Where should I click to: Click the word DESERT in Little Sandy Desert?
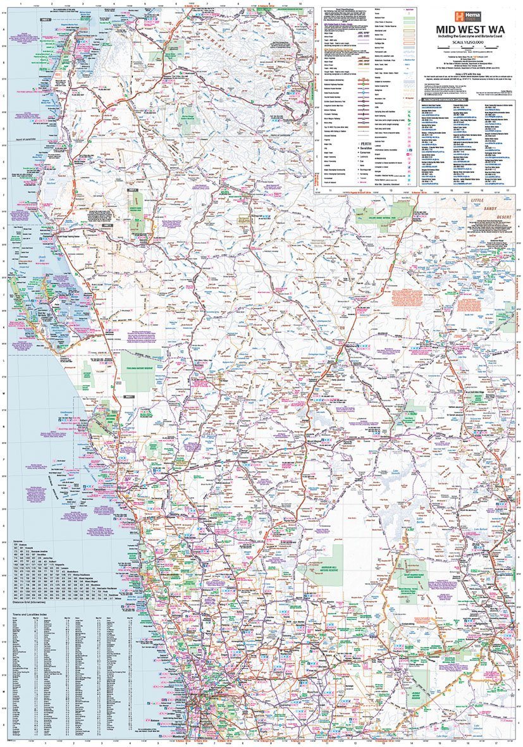(x=503, y=216)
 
